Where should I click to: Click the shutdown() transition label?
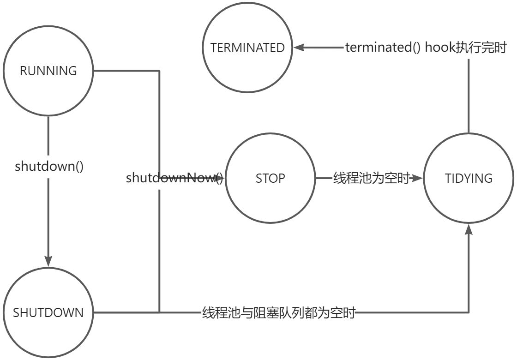point(49,166)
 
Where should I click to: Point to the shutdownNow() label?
point(174,178)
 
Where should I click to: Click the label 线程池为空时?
point(371,178)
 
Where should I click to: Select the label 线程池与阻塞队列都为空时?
point(279,312)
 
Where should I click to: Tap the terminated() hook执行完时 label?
point(426,47)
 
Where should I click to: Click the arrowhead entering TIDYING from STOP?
point(417,178)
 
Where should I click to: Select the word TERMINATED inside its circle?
point(247,48)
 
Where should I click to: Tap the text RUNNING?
point(48,71)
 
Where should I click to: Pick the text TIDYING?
point(469,178)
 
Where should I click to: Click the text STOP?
point(270,178)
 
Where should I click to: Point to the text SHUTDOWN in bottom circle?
point(48,312)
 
